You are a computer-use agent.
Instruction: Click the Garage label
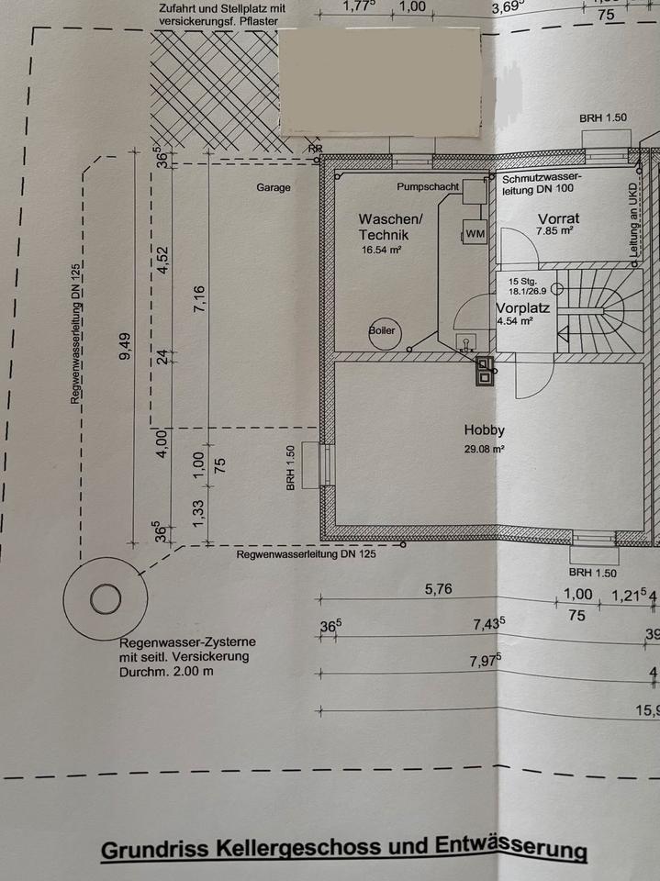273,188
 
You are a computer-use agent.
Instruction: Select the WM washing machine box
475,234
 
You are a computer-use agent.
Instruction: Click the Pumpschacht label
428,187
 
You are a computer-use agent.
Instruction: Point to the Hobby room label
485,429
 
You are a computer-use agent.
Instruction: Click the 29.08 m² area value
485,450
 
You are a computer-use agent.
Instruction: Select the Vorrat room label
555,218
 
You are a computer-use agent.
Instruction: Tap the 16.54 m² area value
382,250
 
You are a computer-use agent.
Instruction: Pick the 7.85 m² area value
555,232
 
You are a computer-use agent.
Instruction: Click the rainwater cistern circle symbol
106,600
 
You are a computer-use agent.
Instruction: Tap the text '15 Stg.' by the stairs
521,282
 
